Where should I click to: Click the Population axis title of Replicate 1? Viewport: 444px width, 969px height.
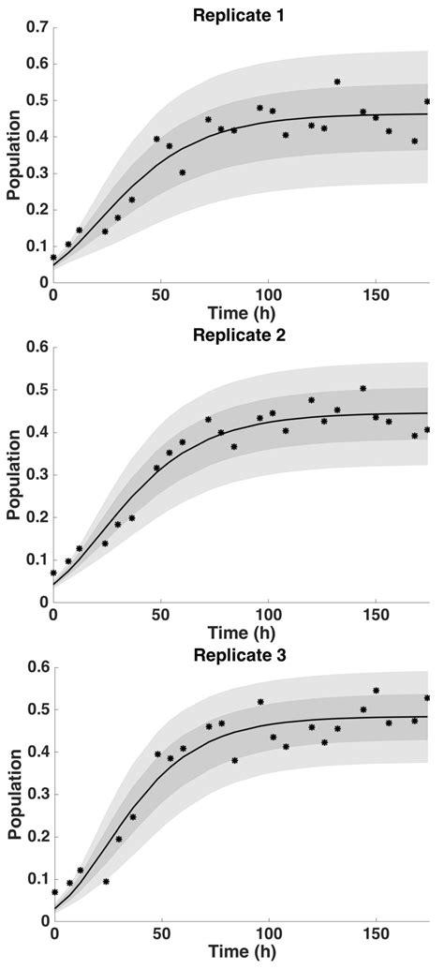[13, 155]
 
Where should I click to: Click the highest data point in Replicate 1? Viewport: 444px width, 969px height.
[337, 82]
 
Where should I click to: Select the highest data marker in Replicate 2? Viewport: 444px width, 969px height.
[363, 388]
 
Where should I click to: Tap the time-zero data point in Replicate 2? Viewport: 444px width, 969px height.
[54, 573]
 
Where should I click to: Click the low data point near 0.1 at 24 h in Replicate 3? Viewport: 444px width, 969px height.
[106, 881]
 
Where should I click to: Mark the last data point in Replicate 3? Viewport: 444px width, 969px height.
[427, 697]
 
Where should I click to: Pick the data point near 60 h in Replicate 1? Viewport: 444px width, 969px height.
[183, 172]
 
